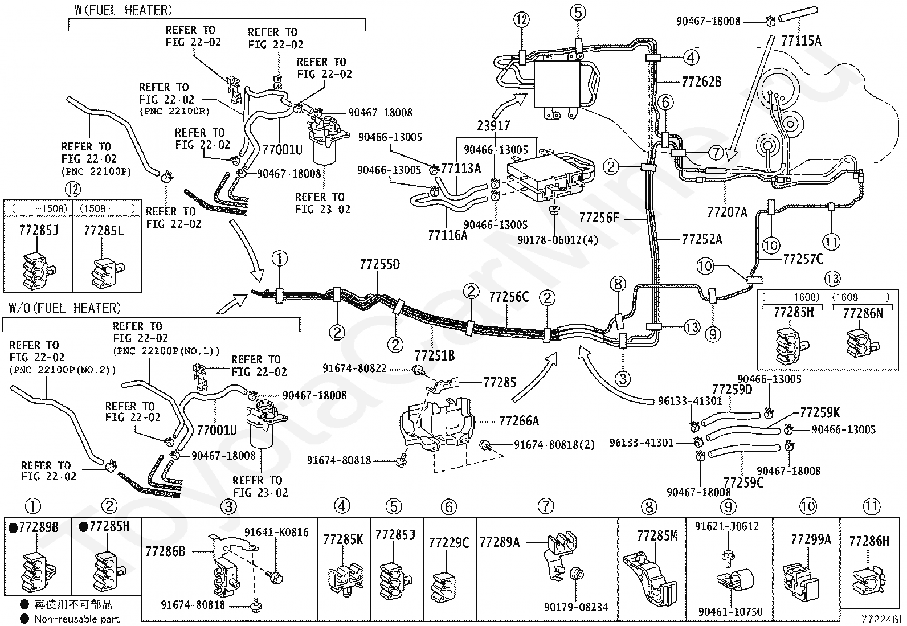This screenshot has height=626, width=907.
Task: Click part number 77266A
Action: (x=518, y=421)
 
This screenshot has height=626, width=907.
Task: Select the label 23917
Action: (x=493, y=126)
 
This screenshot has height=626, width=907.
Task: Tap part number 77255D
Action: (x=379, y=264)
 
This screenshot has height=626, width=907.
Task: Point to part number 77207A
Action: (x=727, y=212)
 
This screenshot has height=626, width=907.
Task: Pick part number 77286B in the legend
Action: (x=166, y=551)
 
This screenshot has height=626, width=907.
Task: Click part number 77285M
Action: (x=657, y=535)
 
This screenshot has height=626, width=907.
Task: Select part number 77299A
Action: (x=811, y=539)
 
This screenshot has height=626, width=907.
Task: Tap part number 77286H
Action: (x=869, y=541)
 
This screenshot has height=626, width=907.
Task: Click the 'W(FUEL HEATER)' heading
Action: (x=124, y=10)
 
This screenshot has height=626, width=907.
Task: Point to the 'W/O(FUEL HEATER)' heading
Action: (x=65, y=308)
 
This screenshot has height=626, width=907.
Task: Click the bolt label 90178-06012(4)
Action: (x=558, y=240)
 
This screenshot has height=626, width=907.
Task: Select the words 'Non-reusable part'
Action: (x=77, y=619)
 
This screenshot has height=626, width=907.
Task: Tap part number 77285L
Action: (x=104, y=231)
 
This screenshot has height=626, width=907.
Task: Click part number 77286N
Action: (x=863, y=313)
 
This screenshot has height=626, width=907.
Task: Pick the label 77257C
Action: (x=803, y=259)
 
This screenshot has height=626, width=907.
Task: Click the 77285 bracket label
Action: (x=499, y=382)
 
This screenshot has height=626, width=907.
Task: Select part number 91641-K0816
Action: (x=276, y=532)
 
